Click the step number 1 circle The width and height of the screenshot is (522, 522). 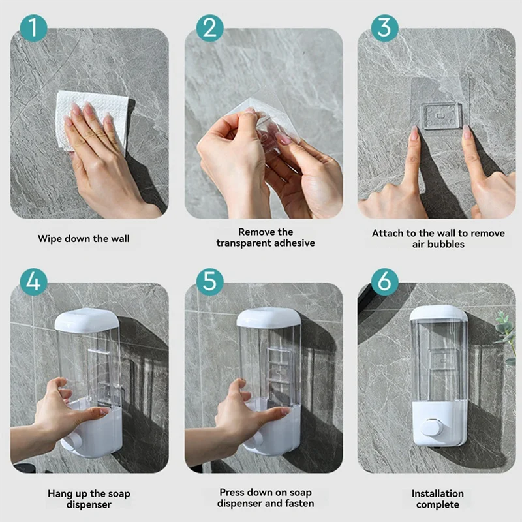(33, 28)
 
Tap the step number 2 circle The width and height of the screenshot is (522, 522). (209, 28)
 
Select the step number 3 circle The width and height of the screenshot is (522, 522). (384, 28)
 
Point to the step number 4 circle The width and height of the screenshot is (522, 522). (33, 281)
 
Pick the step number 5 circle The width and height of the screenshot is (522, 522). (209, 281)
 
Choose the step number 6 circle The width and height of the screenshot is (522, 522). (384, 281)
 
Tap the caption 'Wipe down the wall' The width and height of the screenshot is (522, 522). (84, 239)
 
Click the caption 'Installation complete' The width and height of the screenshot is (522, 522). (437, 499)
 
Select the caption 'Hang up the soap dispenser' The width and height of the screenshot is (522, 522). (89, 499)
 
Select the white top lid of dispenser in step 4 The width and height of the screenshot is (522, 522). (86, 320)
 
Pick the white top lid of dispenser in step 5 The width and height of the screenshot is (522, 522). (268, 318)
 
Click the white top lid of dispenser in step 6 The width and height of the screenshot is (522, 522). (438, 313)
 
